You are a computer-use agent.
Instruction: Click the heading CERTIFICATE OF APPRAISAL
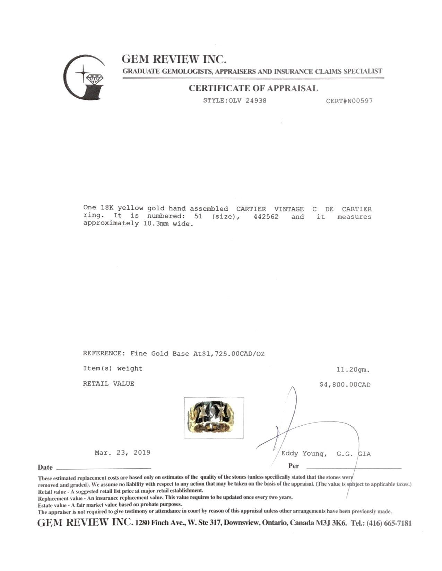coord(253,88)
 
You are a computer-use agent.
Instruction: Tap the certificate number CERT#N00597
coord(349,101)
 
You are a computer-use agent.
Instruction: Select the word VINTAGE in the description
coord(289,209)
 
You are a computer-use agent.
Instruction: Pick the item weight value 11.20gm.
coord(353,369)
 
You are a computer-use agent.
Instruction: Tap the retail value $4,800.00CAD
coord(345,384)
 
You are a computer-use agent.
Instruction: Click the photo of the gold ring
coord(214,418)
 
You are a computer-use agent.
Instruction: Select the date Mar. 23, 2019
coord(122,452)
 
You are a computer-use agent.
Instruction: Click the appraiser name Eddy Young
coord(303,454)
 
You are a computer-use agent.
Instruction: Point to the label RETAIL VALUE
coord(108,383)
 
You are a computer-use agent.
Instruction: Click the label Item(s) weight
coord(113,368)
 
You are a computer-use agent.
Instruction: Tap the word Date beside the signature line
coord(45,468)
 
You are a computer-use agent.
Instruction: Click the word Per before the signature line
coord(293,466)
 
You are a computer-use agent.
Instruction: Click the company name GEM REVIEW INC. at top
coord(174,59)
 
